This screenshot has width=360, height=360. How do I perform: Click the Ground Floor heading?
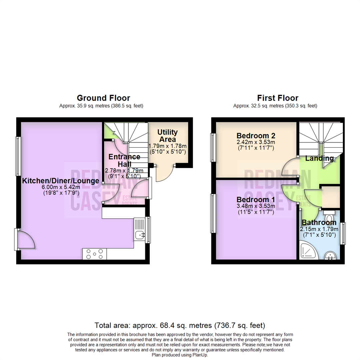[x=103, y=98]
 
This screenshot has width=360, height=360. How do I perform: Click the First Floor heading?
[x=277, y=98]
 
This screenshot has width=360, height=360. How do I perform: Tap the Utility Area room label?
[x=168, y=136]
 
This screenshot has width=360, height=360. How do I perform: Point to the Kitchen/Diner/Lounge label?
[x=60, y=181]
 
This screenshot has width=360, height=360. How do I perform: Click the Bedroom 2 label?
[x=255, y=136]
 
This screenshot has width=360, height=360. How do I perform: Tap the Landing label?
[x=320, y=158]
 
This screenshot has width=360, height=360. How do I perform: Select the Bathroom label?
[x=319, y=222]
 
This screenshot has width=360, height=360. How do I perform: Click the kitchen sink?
[x=140, y=235]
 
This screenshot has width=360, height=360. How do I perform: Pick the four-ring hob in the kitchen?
[x=95, y=254]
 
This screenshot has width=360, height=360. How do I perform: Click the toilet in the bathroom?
[x=329, y=216]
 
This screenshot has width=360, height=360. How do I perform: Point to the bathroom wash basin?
[x=331, y=256]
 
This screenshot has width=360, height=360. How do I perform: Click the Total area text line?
[x=180, y=325]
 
